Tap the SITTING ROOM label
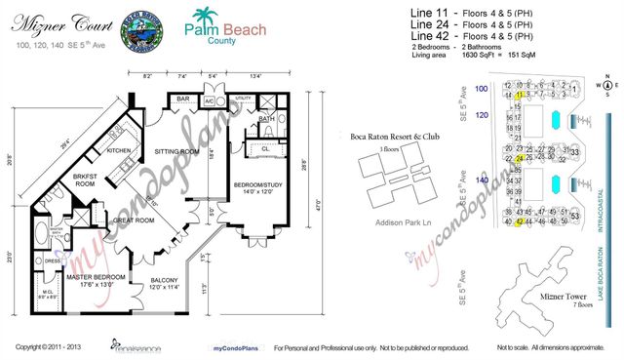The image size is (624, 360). (176, 152)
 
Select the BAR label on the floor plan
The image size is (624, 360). (181, 99)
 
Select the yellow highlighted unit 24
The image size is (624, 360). (521, 158)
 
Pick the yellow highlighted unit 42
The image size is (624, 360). (521, 221)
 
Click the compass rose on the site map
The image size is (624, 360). (605, 86)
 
